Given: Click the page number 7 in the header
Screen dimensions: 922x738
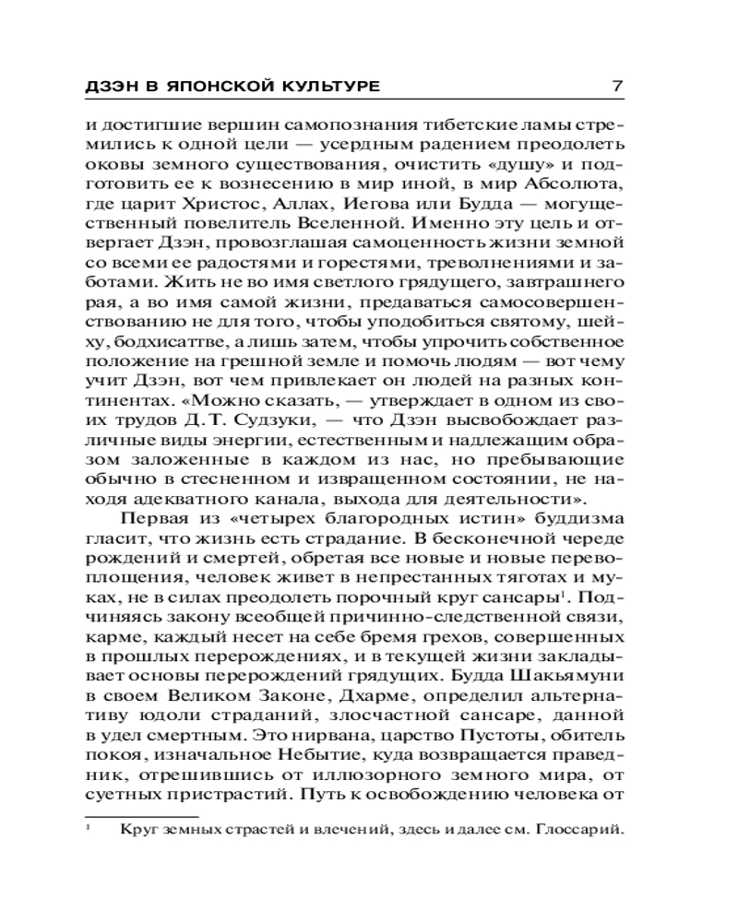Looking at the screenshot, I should [x=618, y=87].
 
